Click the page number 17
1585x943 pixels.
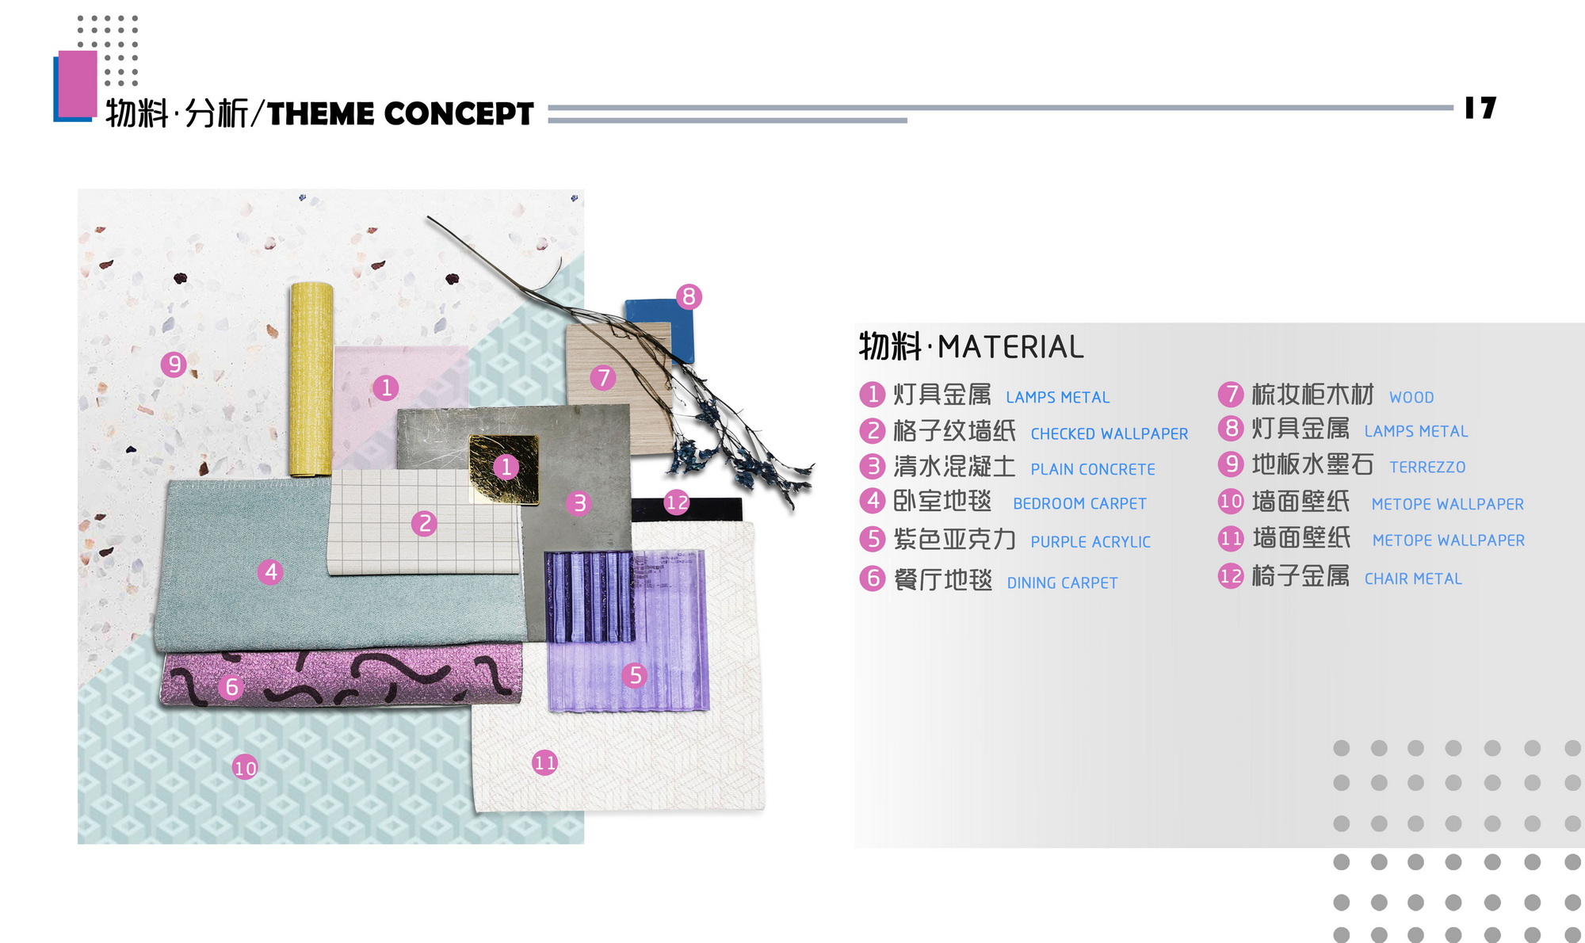[x=1480, y=108]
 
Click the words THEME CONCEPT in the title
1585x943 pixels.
[x=400, y=114]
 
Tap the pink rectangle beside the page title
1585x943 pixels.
[x=78, y=82]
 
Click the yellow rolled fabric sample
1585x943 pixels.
[x=310, y=379]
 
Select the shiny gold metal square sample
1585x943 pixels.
[x=504, y=468]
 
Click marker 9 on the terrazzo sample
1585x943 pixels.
[x=174, y=365]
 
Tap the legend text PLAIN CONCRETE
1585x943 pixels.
[x=1092, y=469]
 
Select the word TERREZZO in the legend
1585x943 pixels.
[x=1426, y=468]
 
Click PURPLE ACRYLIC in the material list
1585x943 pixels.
[x=1090, y=542]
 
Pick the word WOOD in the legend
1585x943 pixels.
[x=1411, y=397]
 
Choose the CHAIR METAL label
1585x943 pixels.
[x=1412, y=579]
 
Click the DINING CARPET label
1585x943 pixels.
[x=1061, y=583]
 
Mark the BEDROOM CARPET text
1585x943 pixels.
[x=1079, y=504]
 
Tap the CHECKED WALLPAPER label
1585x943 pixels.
[x=1109, y=434]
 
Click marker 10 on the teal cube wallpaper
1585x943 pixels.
[x=245, y=767]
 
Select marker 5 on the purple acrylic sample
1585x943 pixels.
[x=634, y=675]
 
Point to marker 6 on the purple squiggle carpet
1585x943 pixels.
[x=231, y=686]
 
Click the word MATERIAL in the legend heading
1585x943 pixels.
[x=1010, y=347]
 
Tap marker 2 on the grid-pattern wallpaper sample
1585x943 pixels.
[x=425, y=523]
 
